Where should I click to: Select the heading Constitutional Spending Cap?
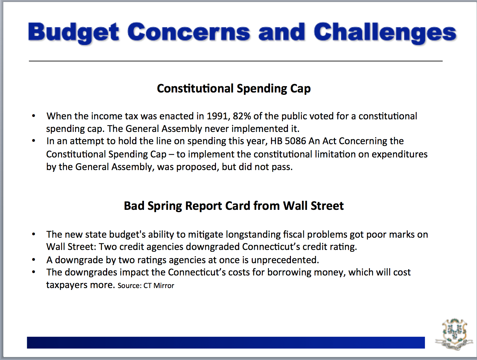pyautogui.click(x=234, y=89)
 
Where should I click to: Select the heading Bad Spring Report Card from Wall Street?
pyautogui.click(x=234, y=206)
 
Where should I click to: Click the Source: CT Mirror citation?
pyautogui.click(x=146, y=285)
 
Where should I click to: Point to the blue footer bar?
pyautogui.click(x=226, y=343)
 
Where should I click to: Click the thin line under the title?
pyautogui.click(x=236, y=61)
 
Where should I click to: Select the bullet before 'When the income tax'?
pyautogui.click(x=34, y=116)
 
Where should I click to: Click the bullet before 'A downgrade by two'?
pyautogui.click(x=34, y=260)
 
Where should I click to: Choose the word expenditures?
pyautogui.click(x=400, y=154)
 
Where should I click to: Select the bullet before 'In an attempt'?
pyautogui.click(x=34, y=141)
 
